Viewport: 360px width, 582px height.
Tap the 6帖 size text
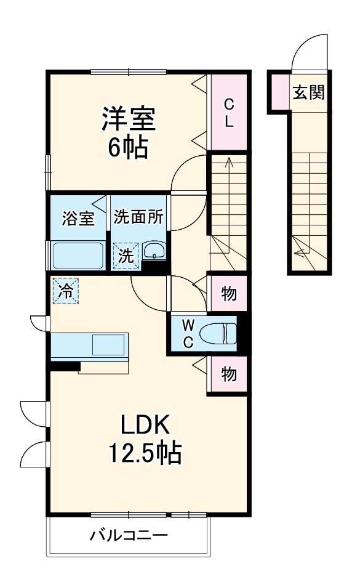[x=128, y=148]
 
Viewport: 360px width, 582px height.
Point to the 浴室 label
[x=78, y=218]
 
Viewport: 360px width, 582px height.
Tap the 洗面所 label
[x=138, y=218]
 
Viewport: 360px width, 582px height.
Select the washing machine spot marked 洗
[x=126, y=256]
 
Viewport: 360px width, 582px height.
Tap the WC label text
[x=188, y=334]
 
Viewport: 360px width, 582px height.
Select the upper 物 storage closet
[x=228, y=294]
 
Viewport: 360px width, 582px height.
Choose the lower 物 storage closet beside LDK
[x=228, y=374]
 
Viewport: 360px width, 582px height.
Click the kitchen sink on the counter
[x=108, y=345]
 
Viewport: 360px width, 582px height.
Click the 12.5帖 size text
[x=145, y=455]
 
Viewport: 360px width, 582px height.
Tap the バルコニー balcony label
[x=129, y=535]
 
